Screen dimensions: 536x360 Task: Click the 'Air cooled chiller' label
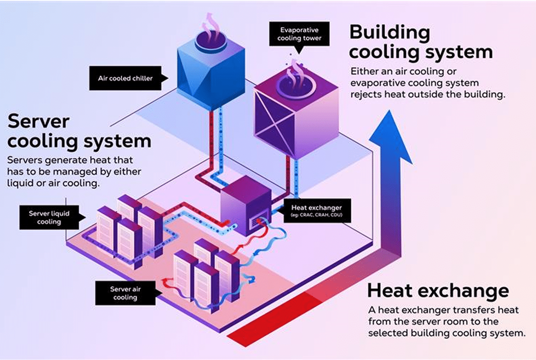tap(125, 78)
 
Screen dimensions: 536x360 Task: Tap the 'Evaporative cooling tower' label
tap(299, 34)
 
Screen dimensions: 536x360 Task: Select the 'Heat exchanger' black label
tap(315, 210)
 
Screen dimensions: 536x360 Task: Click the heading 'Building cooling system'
tap(421, 42)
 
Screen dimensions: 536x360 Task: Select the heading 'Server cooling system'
tap(79, 131)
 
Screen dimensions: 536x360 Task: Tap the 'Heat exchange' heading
tap(438, 291)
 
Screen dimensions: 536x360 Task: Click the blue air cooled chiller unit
tap(211, 72)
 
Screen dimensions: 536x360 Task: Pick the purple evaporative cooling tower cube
tap(296, 115)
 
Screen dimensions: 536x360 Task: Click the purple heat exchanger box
tap(246, 206)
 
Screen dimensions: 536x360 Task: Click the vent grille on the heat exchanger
tap(257, 222)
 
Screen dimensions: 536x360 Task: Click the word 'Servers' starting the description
tap(24, 160)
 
